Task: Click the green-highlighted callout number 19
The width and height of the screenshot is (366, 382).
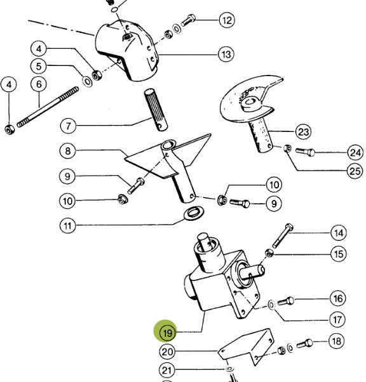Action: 167,333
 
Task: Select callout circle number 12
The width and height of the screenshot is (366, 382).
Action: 227,20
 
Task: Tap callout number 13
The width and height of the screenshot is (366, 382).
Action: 226,54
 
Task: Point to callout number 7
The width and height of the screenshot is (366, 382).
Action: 68,126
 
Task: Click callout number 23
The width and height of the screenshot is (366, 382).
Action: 303,132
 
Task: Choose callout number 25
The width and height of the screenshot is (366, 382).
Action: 355,171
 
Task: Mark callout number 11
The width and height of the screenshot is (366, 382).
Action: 67,226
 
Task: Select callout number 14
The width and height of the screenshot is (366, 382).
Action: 339,233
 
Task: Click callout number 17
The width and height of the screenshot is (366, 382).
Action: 337,319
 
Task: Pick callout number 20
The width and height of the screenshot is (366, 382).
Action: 167,352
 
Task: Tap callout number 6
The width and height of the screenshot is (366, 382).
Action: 39,84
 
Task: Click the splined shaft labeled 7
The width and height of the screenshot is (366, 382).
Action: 156,110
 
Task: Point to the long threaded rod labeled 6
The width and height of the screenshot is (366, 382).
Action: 48,107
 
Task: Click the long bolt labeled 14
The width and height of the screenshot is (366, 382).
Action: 283,235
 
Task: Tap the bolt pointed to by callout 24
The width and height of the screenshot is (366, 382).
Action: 305,152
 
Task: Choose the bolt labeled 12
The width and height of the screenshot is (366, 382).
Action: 188,20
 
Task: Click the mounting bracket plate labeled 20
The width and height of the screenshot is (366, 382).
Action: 247,346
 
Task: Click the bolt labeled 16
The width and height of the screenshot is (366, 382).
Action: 286,301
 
